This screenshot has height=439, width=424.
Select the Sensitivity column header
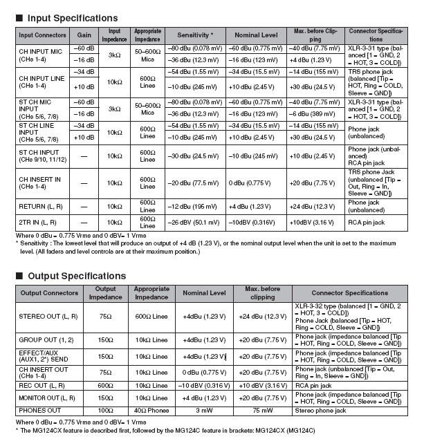[x=196, y=35]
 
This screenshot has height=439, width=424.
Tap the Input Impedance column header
[x=113, y=35]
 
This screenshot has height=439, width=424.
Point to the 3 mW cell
[x=204, y=410]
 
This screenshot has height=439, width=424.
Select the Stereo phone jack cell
[x=322, y=410]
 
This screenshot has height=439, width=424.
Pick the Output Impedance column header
[x=105, y=292]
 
